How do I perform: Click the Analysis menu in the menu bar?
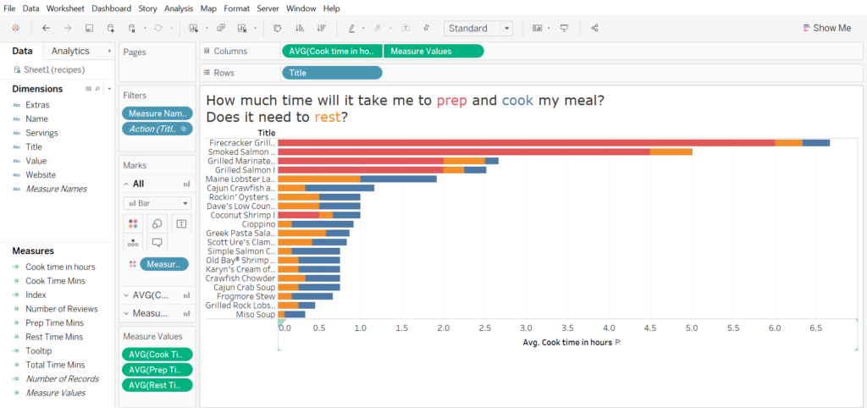[178, 8]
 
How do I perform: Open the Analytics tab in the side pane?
[70, 51]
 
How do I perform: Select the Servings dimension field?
[41, 133]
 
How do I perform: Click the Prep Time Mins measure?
[54, 323]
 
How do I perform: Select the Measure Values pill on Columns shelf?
[433, 51]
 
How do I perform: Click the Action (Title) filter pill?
[157, 129]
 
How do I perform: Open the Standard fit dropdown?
[478, 28]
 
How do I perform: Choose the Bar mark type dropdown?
[157, 203]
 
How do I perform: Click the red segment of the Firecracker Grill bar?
[526, 142]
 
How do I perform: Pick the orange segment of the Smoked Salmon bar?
[671, 152]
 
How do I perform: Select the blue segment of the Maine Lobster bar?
[398, 179]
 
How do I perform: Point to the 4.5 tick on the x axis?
[649, 327]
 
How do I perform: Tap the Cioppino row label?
[256, 223]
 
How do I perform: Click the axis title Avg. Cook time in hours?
[567, 343]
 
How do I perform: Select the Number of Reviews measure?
[62, 309]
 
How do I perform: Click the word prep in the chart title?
[452, 100]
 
